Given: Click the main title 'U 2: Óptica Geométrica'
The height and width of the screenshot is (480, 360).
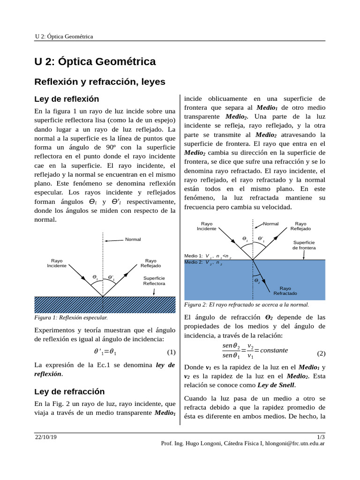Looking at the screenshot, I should tap(95, 61).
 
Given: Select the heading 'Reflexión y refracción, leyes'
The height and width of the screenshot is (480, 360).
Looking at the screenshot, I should tap(100, 82).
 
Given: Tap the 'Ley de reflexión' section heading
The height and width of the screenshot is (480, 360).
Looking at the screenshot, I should tap(67, 99).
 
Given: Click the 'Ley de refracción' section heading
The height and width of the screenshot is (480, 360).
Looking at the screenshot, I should tap(70, 391).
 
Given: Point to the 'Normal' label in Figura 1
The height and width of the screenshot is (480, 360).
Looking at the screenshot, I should tap(133, 240).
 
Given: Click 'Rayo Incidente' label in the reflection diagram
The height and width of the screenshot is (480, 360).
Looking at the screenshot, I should tap(57, 263).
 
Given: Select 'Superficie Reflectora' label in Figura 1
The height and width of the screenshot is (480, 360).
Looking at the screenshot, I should tap(154, 281).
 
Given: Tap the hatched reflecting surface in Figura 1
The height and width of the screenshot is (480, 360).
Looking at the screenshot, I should tap(105, 305).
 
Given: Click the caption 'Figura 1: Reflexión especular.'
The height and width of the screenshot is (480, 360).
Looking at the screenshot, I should tap(71, 318).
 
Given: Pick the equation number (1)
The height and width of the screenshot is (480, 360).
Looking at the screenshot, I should tap(171, 352).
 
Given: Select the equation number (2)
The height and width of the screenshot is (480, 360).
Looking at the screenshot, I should tap(321, 353).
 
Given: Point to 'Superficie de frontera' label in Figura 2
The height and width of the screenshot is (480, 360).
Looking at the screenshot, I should tap(304, 245).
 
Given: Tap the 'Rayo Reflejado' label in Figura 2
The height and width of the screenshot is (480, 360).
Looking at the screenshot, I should tap(300, 226).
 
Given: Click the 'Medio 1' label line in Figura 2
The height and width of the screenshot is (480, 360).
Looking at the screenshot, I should tap(208, 256).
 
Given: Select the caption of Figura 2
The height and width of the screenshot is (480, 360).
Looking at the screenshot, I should tap(247, 304).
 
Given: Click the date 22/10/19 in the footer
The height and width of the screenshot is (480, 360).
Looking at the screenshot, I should tap(45, 436).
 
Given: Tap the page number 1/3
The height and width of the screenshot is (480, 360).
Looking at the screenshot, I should tap(321, 436).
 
